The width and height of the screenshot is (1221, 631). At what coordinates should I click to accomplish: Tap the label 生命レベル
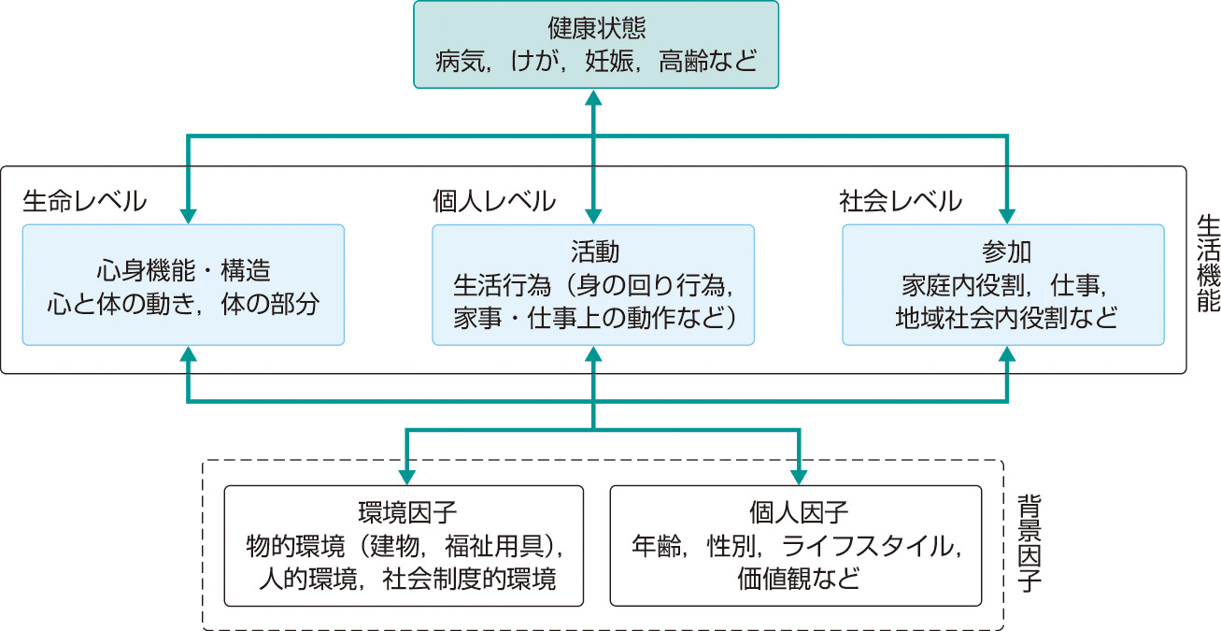click(84, 200)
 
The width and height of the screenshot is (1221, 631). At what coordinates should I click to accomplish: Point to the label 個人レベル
click(494, 200)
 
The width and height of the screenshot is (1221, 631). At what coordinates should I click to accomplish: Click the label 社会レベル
click(900, 200)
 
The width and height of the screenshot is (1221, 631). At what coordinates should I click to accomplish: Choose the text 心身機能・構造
click(183, 271)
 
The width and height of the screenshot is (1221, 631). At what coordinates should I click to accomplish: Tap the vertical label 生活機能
click(1205, 271)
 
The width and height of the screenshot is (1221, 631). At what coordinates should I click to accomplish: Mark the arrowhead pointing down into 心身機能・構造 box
click(189, 216)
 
